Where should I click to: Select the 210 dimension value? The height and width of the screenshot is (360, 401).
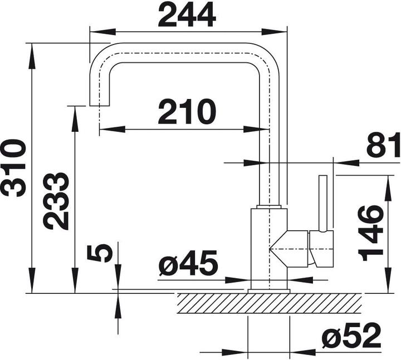(x=187, y=112)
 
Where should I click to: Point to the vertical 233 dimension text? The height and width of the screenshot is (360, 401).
(x=56, y=201)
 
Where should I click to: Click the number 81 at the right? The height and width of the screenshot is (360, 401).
(x=383, y=145)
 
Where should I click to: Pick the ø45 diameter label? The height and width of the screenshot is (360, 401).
(x=188, y=264)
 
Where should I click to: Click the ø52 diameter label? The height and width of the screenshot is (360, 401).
(x=351, y=336)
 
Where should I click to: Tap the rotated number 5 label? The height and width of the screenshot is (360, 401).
(x=100, y=253)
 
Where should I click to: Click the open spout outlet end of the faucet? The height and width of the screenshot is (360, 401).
(x=100, y=105)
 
